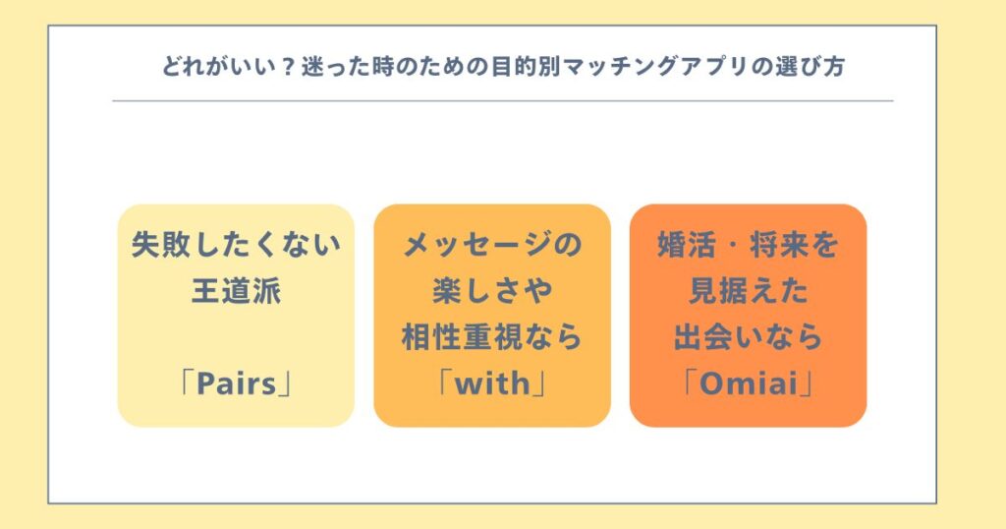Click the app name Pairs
tap(236, 383)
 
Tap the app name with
tap(492, 383)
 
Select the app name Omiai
tap(748, 383)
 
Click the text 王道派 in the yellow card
tap(236, 291)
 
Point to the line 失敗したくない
tap(236, 245)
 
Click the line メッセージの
tap(492, 245)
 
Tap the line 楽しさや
tap(492, 291)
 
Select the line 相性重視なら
tap(492, 337)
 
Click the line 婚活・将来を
tap(748, 245)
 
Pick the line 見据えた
tap(748, 291)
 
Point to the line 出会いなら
tap(748, 337)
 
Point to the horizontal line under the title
tap(503, 101)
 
